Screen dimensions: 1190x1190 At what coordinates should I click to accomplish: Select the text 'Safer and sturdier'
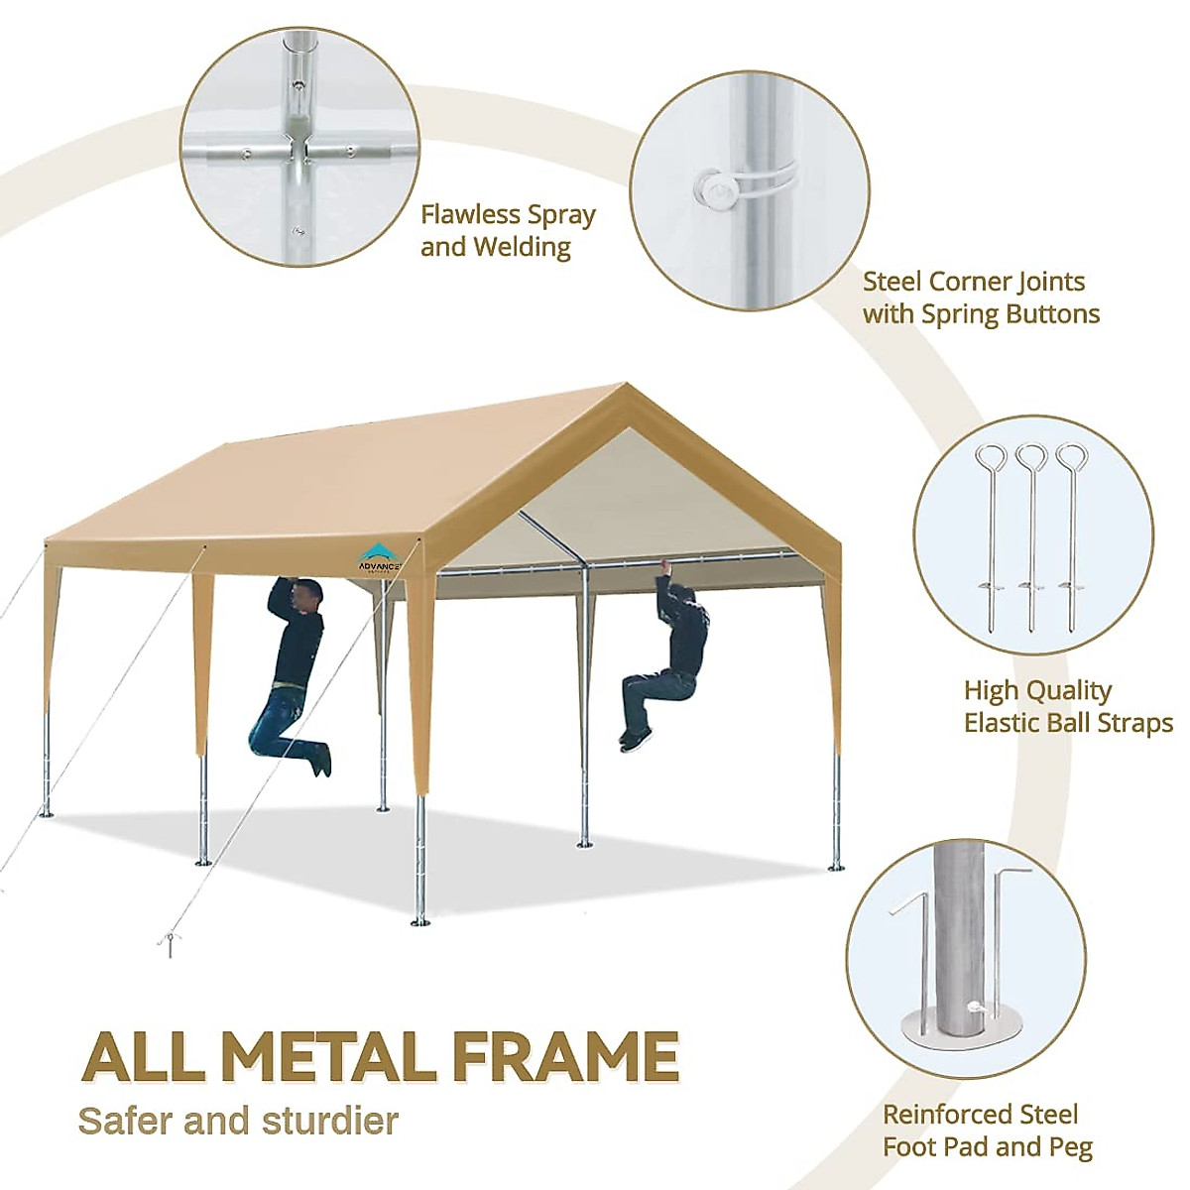click(238, 1121)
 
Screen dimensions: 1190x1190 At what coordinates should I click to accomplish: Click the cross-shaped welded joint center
click(295, 150)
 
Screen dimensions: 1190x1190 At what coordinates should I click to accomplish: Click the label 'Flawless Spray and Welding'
click(508, 230)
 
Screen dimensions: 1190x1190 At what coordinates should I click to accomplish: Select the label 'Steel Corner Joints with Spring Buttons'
click(980, 297)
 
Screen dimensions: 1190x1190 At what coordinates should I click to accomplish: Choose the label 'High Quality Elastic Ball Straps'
click(1067, 706)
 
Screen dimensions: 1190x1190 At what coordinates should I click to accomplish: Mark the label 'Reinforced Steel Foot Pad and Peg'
click(987, 1130)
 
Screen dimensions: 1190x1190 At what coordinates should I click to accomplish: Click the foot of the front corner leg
click(420, 922)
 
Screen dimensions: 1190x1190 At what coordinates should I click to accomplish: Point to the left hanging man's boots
click(317, 759)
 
